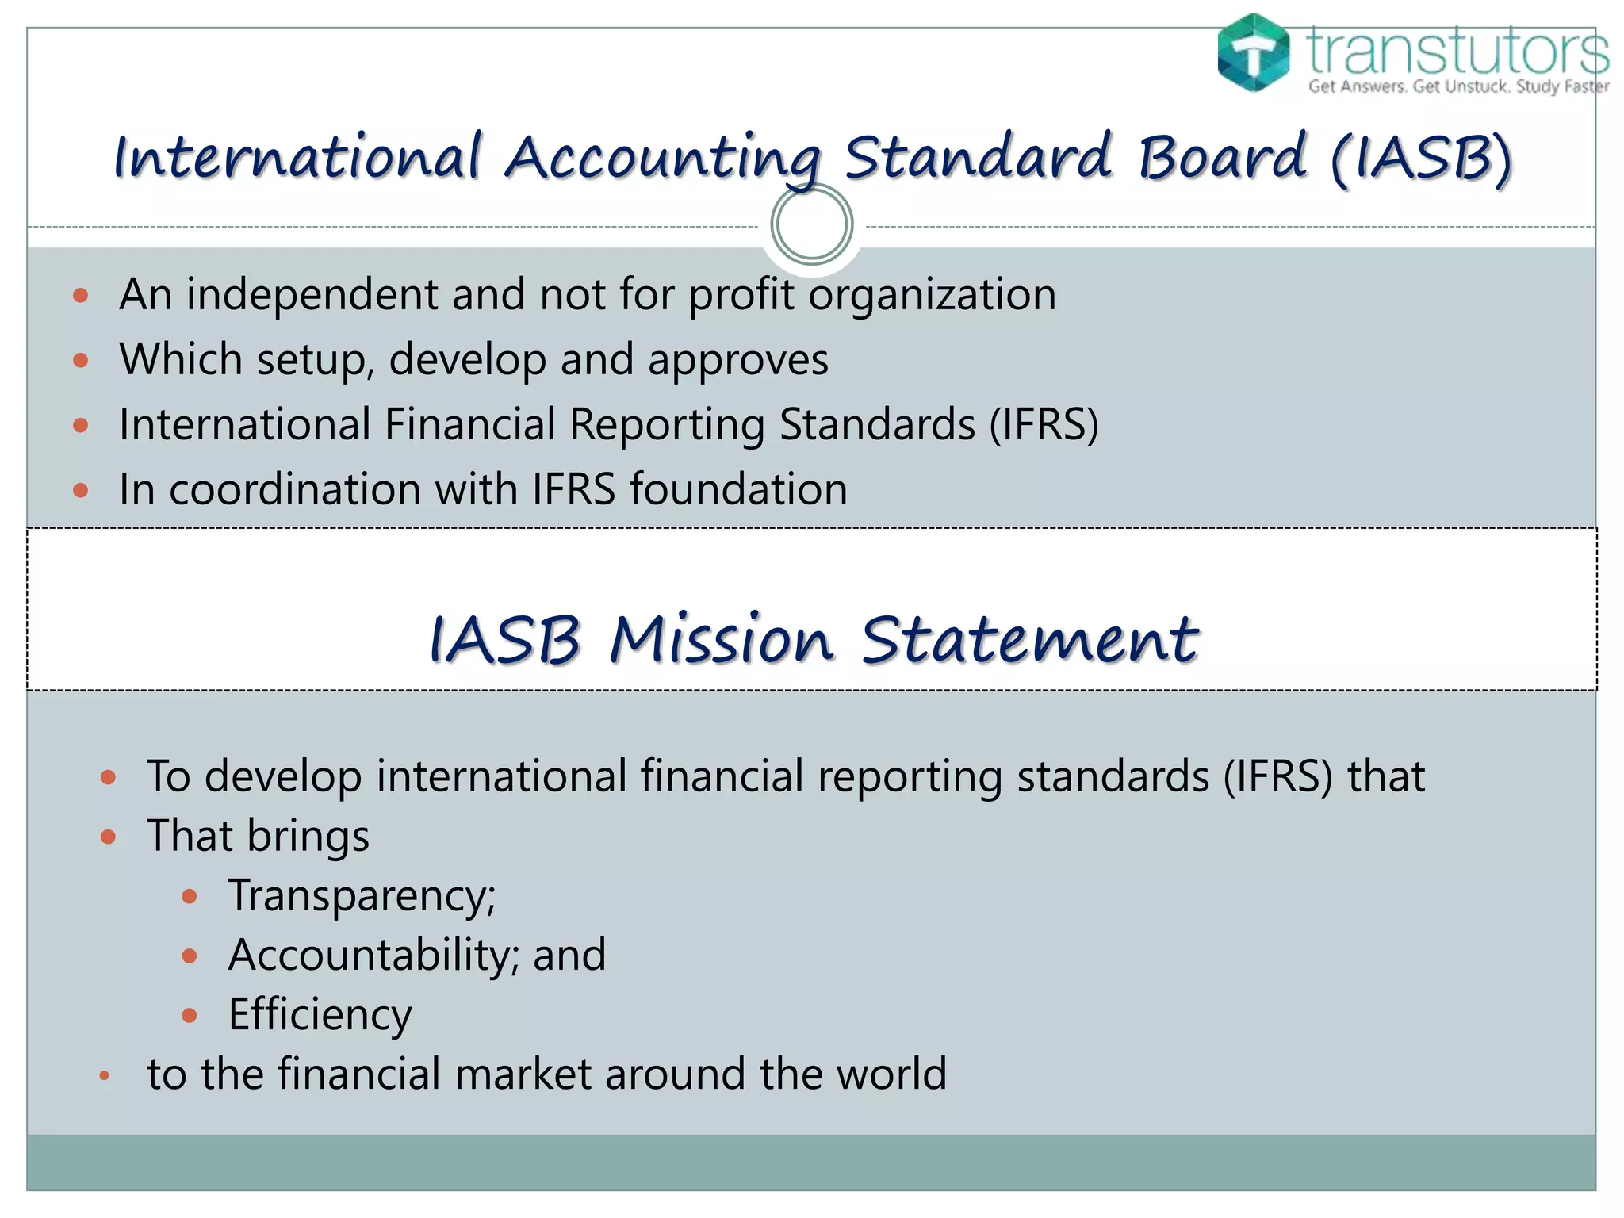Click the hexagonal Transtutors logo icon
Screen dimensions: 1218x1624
click(x=1253, y=52)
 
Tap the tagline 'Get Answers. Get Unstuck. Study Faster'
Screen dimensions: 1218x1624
click(x=1458, y=86)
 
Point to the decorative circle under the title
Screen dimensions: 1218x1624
click(x=811, y=224)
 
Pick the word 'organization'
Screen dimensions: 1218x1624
click(x=932, y=294)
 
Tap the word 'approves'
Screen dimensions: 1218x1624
click(x=737, y=359)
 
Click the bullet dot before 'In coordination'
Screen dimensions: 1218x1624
click(x=80, y=490)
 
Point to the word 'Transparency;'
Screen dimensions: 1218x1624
click(x=362, y=896)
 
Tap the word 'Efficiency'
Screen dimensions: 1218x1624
click(x=320, y=1014)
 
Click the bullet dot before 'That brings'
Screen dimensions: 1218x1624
click(x=109, y=837)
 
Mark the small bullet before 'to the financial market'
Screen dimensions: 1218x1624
click(x=104, y=1076)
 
